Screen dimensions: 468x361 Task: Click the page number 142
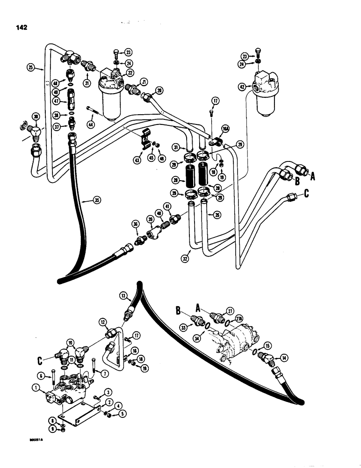(x=21, y=28)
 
